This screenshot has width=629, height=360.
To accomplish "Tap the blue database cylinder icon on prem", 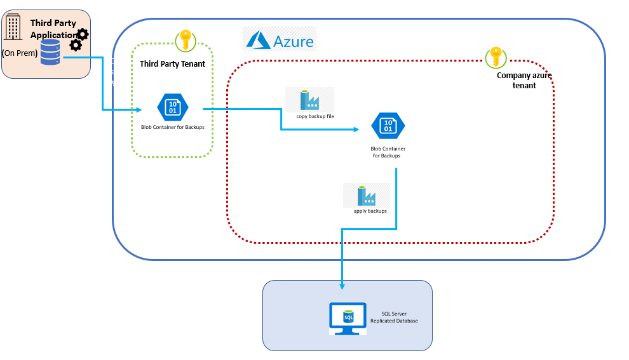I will pyautogui.click(x=50, y=52).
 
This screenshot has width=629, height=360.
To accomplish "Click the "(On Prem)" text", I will pyautogui.click(x=20, y=53).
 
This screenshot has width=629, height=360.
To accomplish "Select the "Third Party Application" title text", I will pyautogui.click(x=53, y=29).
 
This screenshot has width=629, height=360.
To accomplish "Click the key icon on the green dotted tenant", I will pyautogui.click(x=186, y=40).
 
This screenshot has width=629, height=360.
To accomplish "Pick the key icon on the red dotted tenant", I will pyautogui.click(x=496, y=57).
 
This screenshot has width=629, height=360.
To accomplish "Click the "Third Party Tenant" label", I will pyautogui.click(x=172, y=63).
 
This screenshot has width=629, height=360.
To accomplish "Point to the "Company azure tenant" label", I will pyautogui.click(x=524, y=80).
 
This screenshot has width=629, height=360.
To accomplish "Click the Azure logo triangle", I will pyautogui.click(x=259, y=41).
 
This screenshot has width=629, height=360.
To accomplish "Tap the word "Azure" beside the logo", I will pyautogui.click(x=294, y=42).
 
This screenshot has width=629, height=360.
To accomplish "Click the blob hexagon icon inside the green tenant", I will pyautogui.click(x=173, y=107).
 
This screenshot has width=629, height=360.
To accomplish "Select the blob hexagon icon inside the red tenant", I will pyautogui.click(x=388, y=126).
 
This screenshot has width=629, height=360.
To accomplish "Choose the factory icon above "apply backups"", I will pyautogui.click(x=366, y=195).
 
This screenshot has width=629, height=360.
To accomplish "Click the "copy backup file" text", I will pyautogui.click(x=315, y=117).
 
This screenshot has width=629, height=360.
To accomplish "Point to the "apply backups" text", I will pyautogui.click(x=370, y=211).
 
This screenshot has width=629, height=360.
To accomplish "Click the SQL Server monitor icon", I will pyautogui.click(x=348, y=317).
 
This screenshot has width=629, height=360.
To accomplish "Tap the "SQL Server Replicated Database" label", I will pyautogui.click(x=395, y=317).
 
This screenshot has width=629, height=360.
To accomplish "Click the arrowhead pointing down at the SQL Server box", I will pyautogui.click(x=342, y=286).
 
